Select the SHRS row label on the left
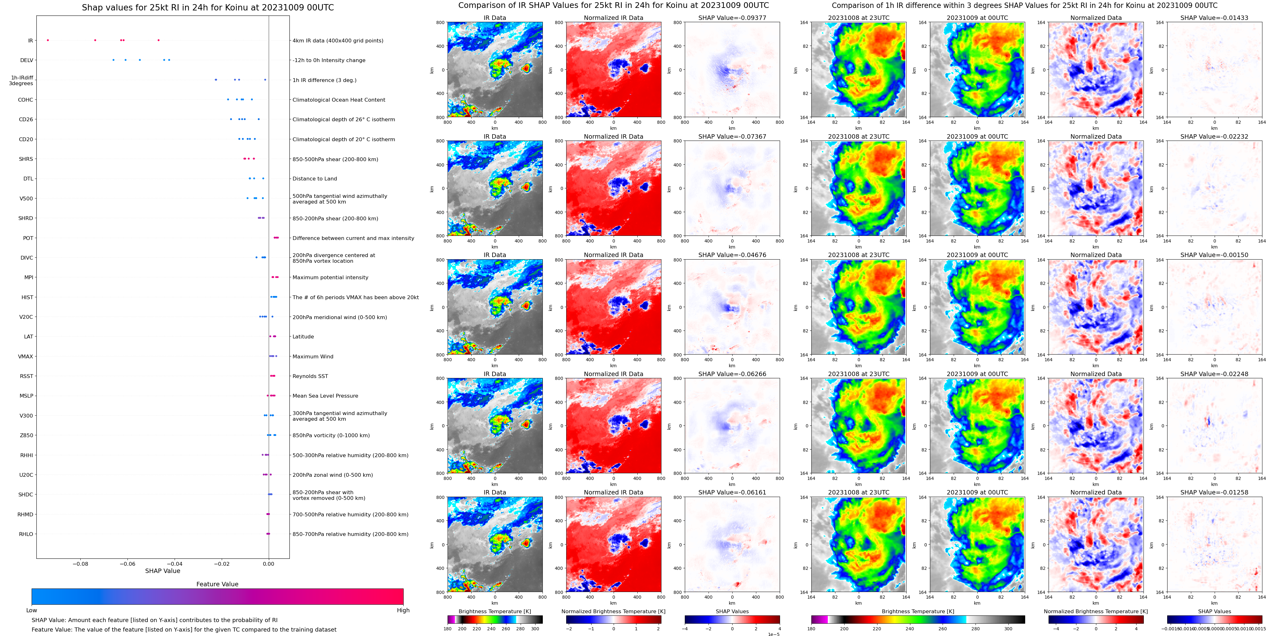pyautogui.click(x=26, y=159)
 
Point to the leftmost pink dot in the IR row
pyautogui.click(x=48, y=40)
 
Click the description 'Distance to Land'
pyautogui.click(x=314, y=179)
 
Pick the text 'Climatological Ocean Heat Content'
pyautogui.click(x=339, y=100)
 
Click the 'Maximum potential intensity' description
pyautogui.click(x=330, y=277)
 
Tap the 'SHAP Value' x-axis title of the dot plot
pyautogui.click(x=162, y=571)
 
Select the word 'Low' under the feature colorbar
pyautogui.click(x=32, y=610)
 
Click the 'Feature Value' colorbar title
pyautogui.click(x=217, y=584)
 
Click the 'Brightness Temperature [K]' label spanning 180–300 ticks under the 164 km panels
pyautogui.click(x=918, y=611)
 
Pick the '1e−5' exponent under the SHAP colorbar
pyautogui.click(x=773, y=634)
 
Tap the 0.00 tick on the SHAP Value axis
pyautogui.click(x=268, y=564)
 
